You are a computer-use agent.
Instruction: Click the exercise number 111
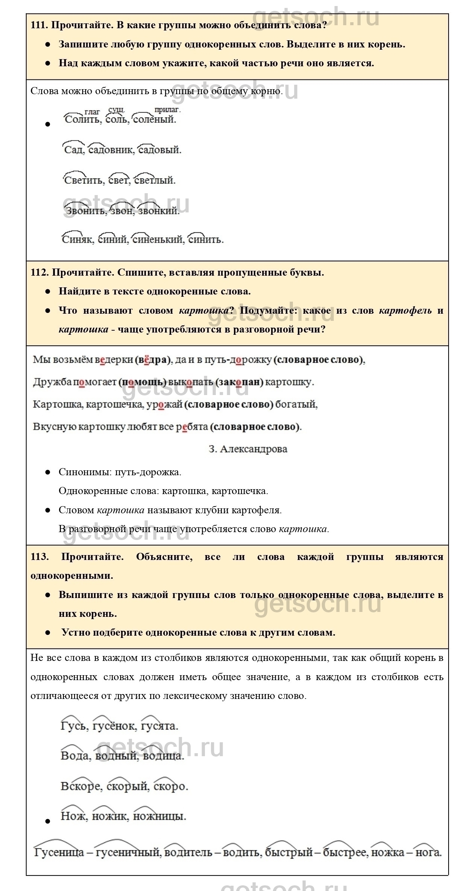39,25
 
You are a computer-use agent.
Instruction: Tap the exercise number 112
39,272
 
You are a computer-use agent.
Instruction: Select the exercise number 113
39,557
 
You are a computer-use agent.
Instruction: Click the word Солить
82,120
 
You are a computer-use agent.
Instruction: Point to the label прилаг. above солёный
167,110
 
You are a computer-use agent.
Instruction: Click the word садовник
111,150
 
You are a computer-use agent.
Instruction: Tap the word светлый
155,180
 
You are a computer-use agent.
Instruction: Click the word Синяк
77,240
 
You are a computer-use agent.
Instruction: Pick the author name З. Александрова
248,449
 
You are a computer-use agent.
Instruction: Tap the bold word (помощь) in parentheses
143,382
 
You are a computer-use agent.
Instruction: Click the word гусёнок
114,726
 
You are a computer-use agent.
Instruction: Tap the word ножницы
159,816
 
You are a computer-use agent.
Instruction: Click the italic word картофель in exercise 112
405,311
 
